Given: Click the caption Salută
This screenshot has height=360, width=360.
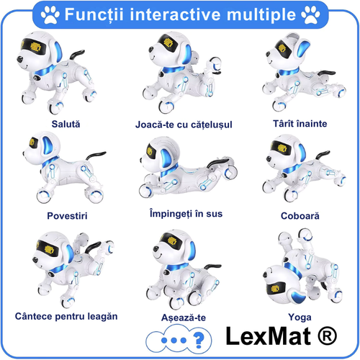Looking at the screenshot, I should click(66, 123).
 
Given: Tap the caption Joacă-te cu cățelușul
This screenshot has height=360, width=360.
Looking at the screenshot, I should click(184, 125).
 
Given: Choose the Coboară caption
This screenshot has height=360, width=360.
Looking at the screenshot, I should click(300, 215).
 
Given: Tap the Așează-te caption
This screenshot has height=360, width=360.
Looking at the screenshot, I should click(181, 317).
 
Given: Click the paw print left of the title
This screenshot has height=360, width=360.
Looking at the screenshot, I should click(50, 14).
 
